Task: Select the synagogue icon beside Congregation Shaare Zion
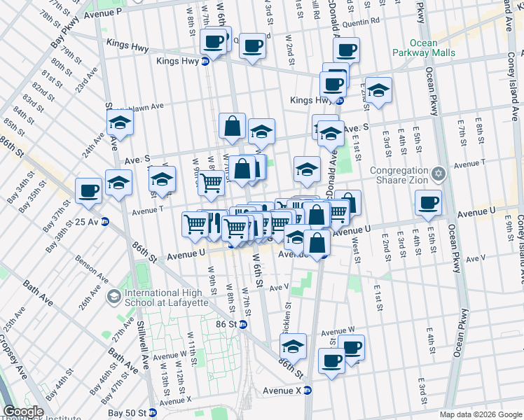tap(439, 173)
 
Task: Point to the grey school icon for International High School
tap(113, 297)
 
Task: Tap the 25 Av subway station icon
tap(105, 222)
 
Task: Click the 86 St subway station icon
tap(242, 325)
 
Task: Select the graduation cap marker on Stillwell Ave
tap(120, 124)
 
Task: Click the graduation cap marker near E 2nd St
tap(378, 90)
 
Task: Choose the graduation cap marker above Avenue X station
tap(293, 346)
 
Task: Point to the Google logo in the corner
tap(23, 412)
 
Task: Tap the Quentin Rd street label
tap(365, 21)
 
